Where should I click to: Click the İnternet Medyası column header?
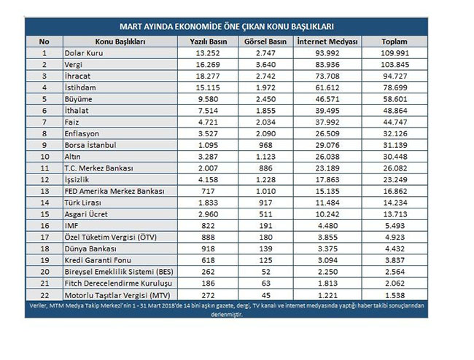[327, 42]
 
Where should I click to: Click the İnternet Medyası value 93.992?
[327, 53]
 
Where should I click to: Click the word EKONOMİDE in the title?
[206, 26]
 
